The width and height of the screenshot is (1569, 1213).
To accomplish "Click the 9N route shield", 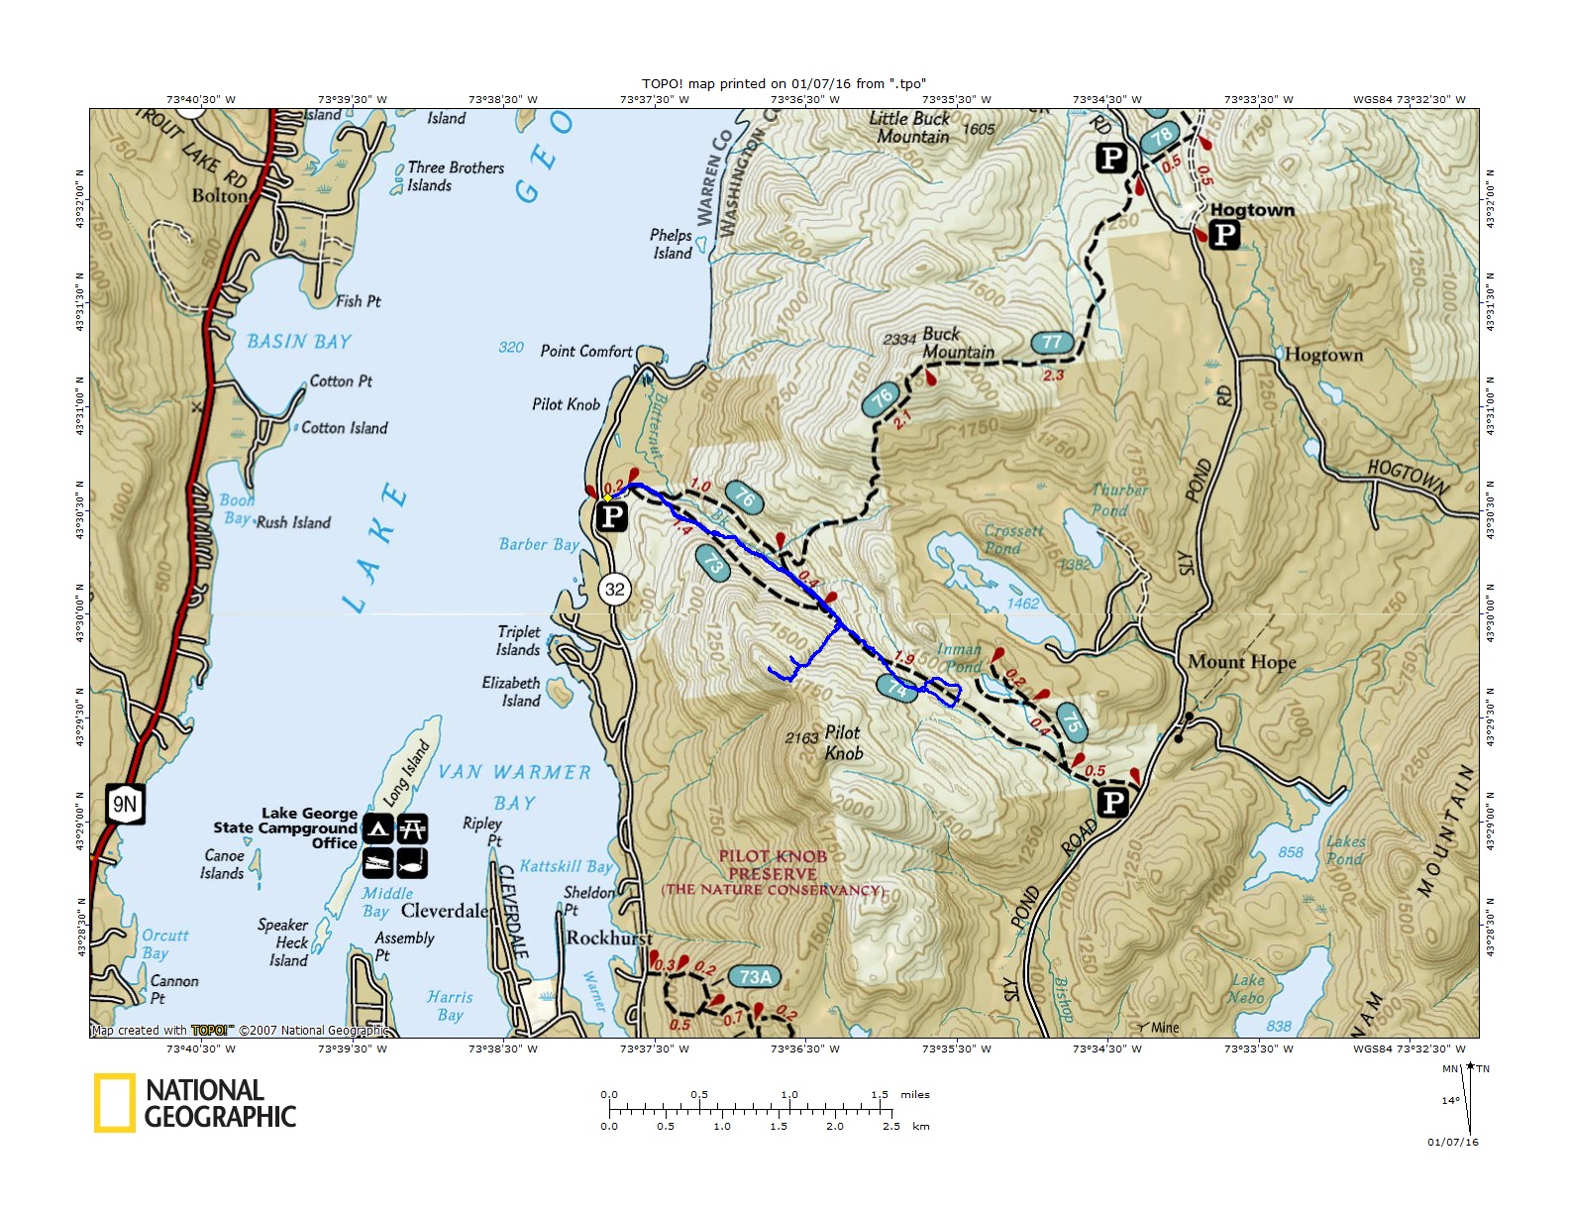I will [x=125, y=804].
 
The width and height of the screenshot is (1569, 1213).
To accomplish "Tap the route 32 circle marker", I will [x=615, y=589].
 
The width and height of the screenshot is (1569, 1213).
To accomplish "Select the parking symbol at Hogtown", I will [x=1224, y=235].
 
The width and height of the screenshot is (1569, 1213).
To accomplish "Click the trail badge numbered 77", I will [x=1052, y=342].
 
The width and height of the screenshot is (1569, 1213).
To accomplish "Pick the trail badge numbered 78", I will [x=1162, y=137].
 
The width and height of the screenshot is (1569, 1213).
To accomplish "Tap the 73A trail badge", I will [x=756, y=977].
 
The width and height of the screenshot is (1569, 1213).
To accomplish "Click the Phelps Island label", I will [x=671, y=244].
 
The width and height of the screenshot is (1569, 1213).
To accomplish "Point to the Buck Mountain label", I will [x=957, y=343].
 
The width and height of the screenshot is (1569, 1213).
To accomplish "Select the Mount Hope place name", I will [x=1241, y=662].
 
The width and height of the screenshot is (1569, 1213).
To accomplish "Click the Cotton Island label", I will [x=344, y=428].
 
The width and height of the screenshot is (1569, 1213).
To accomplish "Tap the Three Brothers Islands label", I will [x=455, y=176].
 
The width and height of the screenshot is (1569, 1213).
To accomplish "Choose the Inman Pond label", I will [x=959, y=658].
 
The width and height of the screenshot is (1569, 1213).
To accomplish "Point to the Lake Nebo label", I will [x=1246, y=989].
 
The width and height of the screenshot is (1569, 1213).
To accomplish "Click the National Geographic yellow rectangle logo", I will [x=114, y=1103].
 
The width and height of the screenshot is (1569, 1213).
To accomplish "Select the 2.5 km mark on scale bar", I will [x=890, y=1126].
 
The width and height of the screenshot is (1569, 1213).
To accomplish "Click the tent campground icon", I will [x=377, y=828].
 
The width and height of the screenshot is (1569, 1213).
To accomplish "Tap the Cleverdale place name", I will [x=444, y=910].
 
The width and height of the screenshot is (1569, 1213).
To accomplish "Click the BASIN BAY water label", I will [x=299, y=342].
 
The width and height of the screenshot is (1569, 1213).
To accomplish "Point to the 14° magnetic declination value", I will [x=1449, y=1101].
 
